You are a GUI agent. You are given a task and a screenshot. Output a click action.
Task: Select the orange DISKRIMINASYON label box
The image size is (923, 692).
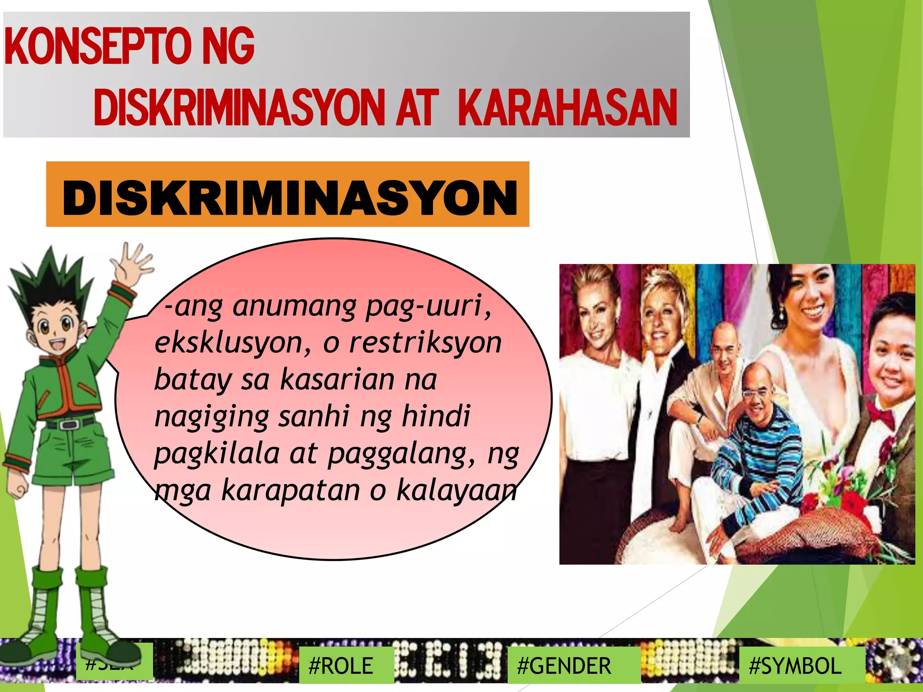(x=288, y=195)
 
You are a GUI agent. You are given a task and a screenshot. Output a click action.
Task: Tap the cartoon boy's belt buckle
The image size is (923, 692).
(x=69, y=424)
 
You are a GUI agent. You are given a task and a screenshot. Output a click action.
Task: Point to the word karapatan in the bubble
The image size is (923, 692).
(x=291, y=490)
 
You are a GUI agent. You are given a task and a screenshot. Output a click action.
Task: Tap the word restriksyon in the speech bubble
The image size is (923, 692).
(x=425, y=343)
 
